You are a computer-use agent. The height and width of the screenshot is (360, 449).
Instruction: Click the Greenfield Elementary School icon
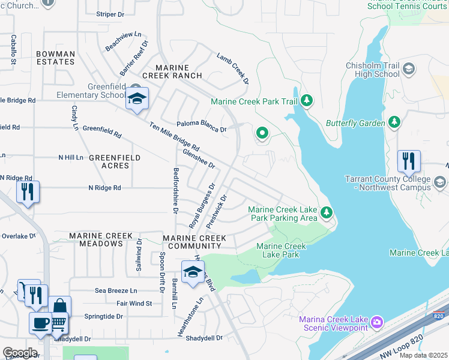point(137,99)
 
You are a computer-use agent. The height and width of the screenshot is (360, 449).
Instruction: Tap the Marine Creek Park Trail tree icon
point(307,100)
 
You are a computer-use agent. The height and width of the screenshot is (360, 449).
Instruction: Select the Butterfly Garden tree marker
point(394,123)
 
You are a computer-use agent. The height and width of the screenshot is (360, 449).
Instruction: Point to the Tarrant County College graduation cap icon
point(440,182)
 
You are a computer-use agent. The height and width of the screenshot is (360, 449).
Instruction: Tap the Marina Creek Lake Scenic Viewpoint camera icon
point(376,323)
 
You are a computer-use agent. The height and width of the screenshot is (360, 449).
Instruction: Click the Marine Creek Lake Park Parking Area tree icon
point(327,212)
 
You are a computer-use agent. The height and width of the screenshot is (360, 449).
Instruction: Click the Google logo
point(20,352)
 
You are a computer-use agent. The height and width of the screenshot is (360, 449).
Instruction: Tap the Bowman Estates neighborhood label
point(55,58)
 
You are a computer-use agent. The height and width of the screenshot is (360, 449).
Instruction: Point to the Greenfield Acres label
point(115,161)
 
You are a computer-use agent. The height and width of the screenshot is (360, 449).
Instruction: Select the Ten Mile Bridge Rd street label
point(175,137)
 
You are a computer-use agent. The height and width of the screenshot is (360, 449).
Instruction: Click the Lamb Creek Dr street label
point(233,68)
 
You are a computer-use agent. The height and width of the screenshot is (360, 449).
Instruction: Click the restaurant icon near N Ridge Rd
point(28,192)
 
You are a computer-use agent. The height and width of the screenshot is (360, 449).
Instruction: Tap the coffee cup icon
point(41,323)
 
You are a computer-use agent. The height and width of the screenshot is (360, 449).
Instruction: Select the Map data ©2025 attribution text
point(424,355)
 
